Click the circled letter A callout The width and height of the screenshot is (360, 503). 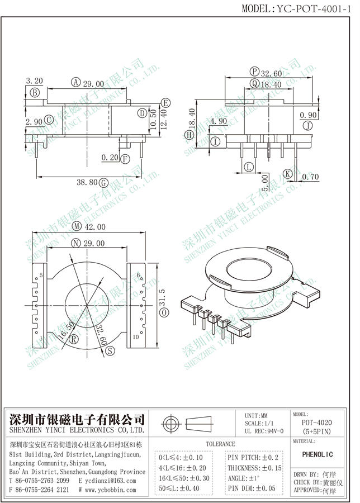point(75,83)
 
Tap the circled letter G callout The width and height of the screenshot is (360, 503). point(103,182)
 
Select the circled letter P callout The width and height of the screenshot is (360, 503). point(255,72)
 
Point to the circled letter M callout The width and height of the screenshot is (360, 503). point(77,226)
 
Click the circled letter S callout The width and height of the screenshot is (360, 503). point(110,350)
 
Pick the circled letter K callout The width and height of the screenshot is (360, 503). point(287,174)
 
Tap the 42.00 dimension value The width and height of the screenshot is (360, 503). point(95,226)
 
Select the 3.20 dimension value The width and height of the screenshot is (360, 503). point(34,82)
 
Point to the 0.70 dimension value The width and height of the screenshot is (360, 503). point(310,177)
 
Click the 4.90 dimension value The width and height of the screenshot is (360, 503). point(219,121)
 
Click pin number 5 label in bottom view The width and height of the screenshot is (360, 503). point(41,276)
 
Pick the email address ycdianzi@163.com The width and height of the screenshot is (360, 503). point(111,480)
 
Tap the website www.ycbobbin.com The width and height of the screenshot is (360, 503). point(110,490)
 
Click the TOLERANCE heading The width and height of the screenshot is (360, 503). point(221,443)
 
